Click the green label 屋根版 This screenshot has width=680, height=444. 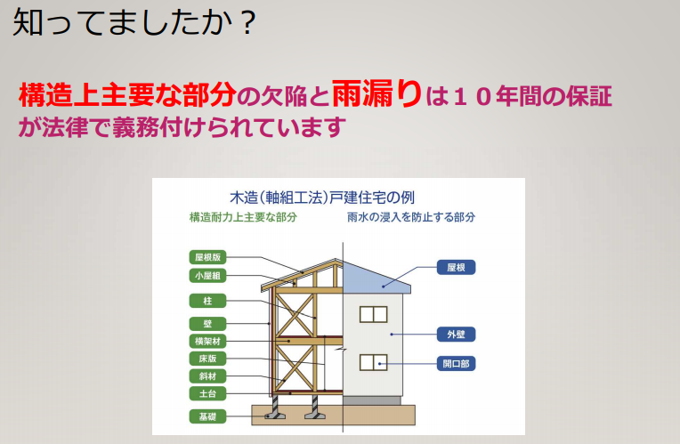coord(207,257)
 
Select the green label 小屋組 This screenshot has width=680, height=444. coord(207,275)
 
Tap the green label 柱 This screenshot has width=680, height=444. coord(207,301)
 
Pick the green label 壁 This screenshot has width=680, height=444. coord(207,324)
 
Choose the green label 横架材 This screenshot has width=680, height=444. coord(207,342)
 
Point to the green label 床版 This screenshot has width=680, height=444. coord(207,359)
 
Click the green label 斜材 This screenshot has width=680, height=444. coord(207,375)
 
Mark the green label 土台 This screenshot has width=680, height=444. coord(207,393)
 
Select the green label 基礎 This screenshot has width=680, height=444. coord(207,416)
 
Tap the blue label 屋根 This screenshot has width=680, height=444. coord(456,268)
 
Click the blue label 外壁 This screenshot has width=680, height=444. coord(456,335)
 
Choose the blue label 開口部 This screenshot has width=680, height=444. coord(456,363)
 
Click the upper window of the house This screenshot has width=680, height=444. coord(374,314)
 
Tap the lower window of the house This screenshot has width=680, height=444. coord(374,362)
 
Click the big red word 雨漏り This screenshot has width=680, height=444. coord(376,93)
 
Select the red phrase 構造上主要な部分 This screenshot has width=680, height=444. coord(127,94)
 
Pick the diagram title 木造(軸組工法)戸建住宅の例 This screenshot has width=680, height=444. coord(322,198)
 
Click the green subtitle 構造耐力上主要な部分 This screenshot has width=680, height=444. coord(243,217)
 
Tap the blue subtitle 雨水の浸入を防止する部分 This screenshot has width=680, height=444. coord(411,217)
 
